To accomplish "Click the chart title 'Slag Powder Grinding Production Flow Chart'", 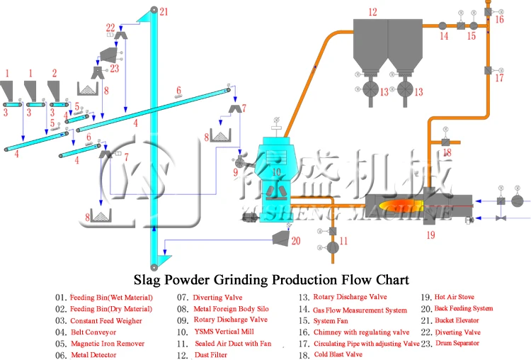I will pyautogui.click(x=265, y=279).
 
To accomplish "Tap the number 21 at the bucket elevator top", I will pyautogui.click(x=164, y=11).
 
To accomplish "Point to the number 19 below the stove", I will pyautogui.click(x=430, y=236).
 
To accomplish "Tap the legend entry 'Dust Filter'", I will pyautogui.click(x=212, y=354).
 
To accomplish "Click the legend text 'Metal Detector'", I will pyautogui.click(x=94, y=354).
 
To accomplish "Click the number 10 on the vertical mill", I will pyautogui.click(x=278, y=171).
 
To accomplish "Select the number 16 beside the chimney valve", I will pyautogui.click(x=500, y=20).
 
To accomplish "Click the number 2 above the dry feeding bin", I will pyautogui.click(x=55, y=73).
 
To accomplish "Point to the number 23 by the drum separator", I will pyautogui.click(x=114, y=69).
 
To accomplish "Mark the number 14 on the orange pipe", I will pyautogui.click(x=443, y=35).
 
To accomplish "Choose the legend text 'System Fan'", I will pyautogui.click(x=336, y=320).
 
